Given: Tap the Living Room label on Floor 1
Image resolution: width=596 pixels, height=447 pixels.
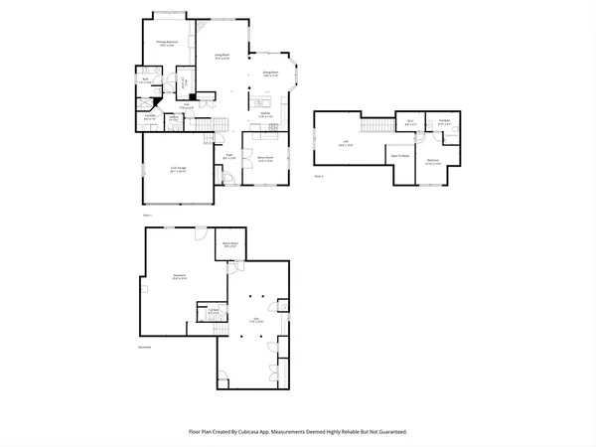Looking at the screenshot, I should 223,56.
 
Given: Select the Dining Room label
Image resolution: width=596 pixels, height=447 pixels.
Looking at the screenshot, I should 269,73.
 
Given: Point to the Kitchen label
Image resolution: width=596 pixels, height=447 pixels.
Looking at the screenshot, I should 267,114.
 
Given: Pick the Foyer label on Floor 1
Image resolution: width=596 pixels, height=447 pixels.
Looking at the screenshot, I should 227,155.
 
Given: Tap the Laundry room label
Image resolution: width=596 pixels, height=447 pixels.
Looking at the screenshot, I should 151,116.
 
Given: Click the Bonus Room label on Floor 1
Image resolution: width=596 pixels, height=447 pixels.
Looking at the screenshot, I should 266,156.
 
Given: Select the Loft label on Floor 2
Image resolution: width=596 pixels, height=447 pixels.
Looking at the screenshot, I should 345,142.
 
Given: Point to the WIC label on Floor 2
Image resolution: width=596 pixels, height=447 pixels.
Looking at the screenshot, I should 409,122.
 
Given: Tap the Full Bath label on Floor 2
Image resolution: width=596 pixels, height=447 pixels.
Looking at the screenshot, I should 444,122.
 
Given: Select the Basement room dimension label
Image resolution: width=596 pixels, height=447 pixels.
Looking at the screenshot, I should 179,279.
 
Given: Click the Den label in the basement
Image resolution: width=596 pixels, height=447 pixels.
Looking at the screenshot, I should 255,320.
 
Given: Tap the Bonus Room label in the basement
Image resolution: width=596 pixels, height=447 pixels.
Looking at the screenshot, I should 228,244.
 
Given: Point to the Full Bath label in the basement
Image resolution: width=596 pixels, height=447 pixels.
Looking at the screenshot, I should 213,311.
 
